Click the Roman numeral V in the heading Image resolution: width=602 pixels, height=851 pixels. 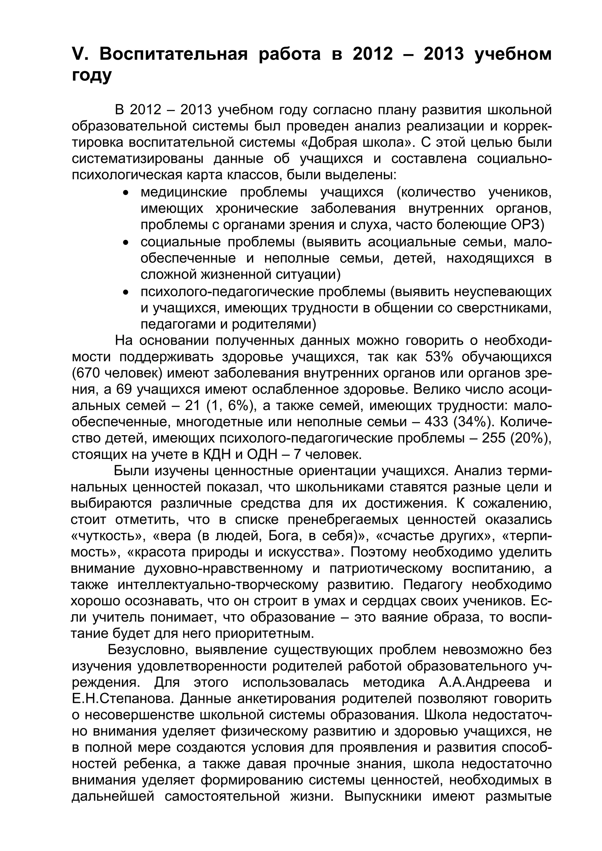[x=78, y=54]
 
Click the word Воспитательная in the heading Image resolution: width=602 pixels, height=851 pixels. [x=173, y=54]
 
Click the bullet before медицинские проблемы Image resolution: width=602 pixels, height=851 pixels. [x=126, y=193]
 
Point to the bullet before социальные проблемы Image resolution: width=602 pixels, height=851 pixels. [x=126, y=243]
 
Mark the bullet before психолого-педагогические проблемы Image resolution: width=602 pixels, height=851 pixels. [x=126, y=292]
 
